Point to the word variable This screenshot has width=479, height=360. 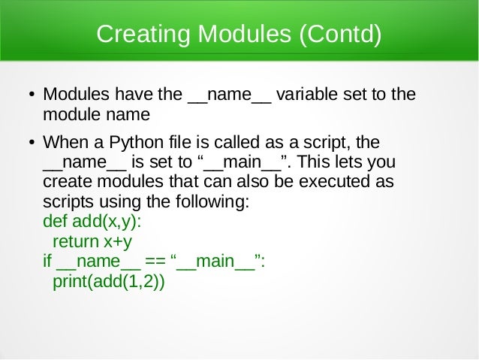(307, 96)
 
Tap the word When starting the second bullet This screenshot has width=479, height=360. (66, 143)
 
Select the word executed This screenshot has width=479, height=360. (334, 183)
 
